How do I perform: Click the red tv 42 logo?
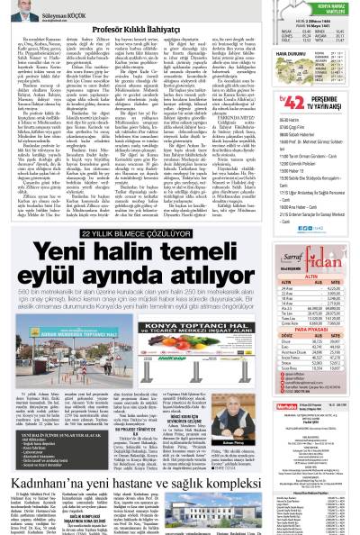[262, 104]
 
